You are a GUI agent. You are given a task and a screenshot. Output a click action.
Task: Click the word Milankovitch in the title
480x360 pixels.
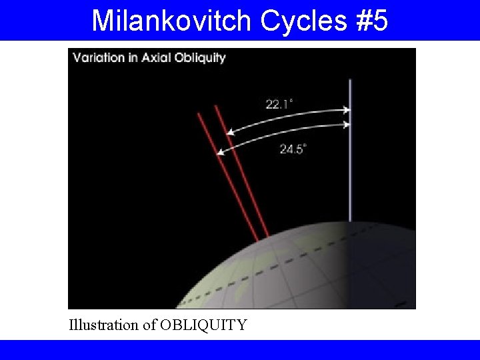tap(172, 21)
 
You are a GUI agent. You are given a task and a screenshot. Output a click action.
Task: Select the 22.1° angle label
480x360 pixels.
tap(279, 103)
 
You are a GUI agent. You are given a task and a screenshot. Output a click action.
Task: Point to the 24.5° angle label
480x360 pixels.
tap(291, 149)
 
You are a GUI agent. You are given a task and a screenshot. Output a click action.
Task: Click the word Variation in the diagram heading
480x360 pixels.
tap(99, 57)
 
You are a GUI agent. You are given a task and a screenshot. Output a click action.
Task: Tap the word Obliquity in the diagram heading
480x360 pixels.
tap(199, 58)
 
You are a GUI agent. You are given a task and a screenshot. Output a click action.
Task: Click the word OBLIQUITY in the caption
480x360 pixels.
tap(203, 325)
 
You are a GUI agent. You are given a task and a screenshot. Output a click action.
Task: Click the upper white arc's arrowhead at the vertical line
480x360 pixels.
tap(346, 110)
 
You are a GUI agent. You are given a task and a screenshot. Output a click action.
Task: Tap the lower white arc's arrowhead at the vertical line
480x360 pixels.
tap(346, 125)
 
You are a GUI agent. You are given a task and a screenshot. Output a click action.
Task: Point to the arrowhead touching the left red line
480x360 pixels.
tap(220, 153)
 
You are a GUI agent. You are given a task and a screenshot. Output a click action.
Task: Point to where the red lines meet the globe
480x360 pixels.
tap(263, 238)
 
